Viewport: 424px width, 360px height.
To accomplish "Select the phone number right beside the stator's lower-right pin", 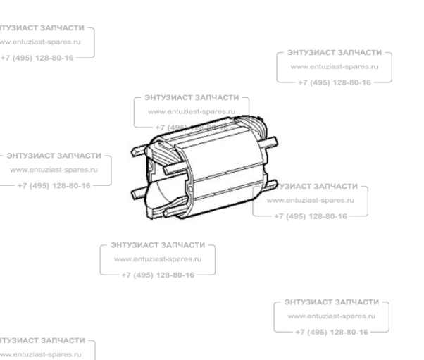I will click(x=313, y=217).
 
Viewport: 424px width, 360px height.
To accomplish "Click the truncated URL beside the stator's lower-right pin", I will click(x=315, y=201).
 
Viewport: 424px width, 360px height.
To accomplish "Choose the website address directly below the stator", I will click(x=158, y=260).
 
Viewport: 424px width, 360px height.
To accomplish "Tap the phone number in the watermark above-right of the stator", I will click(x=334, y=82).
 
